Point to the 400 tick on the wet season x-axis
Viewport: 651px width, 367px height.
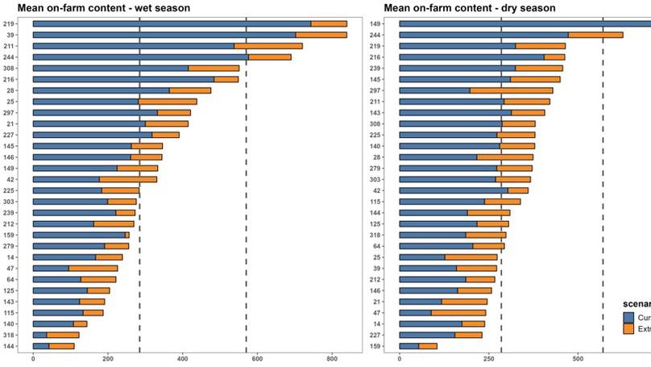pyautogui.click(x=182, y=359)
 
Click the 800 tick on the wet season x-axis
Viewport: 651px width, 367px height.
pyautogui.click(x=332, y=359)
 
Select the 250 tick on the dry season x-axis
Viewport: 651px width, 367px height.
pyautogui.click(x=488, y=359)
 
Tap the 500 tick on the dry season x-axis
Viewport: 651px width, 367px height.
pyautogui.click(x=578, y=359)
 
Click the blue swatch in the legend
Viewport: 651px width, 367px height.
pyautogui.click(x=629, y=318)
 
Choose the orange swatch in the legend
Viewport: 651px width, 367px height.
pyautogui.click(x=629, y=329)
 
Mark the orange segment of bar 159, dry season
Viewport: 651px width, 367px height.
pyautogui.click(x=428, y=345)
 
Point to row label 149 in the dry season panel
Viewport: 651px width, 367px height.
pyautogui.click(x=375, y=24)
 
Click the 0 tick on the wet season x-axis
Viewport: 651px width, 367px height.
pyautogui.click(x=33, y=359)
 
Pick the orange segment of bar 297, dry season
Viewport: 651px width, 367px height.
pyautogui.click(x=511, y=90)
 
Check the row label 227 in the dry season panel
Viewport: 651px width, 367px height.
pyautogui.click(x=375, y=334)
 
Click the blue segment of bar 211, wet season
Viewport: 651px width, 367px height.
pyautogui.click(x=133, y=46)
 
